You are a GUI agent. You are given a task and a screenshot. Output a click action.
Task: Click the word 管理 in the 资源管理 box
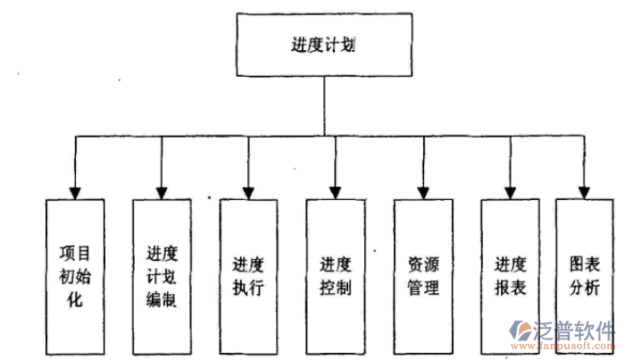coord(423,288)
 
